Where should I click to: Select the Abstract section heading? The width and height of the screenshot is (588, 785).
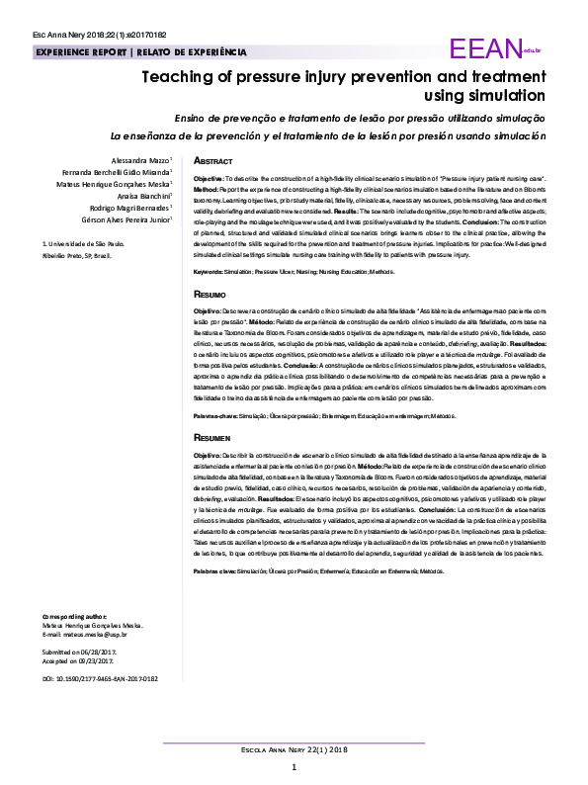click(213, 160)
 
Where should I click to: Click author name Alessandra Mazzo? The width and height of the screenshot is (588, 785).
click(140, 158)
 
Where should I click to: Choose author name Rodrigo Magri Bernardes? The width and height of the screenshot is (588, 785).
click(129, 209)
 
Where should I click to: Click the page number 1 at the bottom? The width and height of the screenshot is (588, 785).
click(294, 768)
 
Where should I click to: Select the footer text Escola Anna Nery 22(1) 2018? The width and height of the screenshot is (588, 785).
click(294, 750)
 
